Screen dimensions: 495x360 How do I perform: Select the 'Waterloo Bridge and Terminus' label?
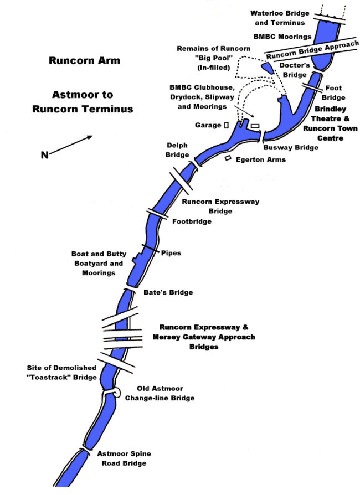(x=281, y=17)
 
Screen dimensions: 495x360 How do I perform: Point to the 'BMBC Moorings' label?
(x=281, y=37)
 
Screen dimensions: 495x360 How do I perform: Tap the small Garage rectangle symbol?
(x=227, y=125)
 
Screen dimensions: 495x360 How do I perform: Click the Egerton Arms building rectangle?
(x=228, y=158)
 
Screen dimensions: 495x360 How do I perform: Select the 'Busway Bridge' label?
(x=291, y=148)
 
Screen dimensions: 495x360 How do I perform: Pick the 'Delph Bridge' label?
(x=177, y=150)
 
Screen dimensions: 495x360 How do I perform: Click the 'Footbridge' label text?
(x=192, y=222)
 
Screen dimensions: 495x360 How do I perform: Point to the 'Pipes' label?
(x=171, y=253)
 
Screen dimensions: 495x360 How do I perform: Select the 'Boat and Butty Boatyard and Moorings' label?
(x=97, y=264)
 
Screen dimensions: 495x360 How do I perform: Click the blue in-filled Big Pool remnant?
(x=267, y=67)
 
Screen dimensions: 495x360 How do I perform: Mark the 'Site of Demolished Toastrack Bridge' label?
(x=61, y=372)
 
